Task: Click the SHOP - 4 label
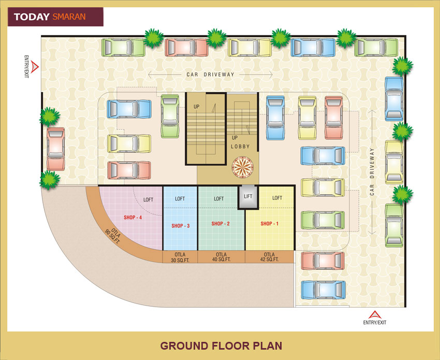pyautogui.click(x=133, y=217)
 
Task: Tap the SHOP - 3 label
pyautogui.click(x=180, y=225)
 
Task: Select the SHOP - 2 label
pyautogui.click(x=220, y=224)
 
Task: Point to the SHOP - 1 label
pyautogui.click(x=269, y=224)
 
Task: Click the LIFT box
pyautogui.click(x=248, y=197)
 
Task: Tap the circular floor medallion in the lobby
pyautogui.click(x=241, y=167)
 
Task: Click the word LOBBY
pyautogui.click(x=240, y=147)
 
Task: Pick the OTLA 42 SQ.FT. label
pyautogui.click(x=269, y=257)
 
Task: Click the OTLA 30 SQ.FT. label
pyautogui.click(x=180, y=257)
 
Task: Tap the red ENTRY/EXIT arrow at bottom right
pyautogui.click(x=374, y=314)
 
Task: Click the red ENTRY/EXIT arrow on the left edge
pyautogui.click(x=34, y=66)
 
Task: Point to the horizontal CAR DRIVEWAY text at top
pyautogui.click(x=210, y=75)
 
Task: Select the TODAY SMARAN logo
pyautogui.click(x=55, y=17)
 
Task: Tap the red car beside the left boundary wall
pyautogui.click(x=55, y=149)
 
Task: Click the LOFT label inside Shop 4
pyautogui.click(x=149, y=199)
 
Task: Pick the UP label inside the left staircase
pyautogui.click(x=196, y=107)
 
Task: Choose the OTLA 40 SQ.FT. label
pyautogui.click(x=221, y=257)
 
